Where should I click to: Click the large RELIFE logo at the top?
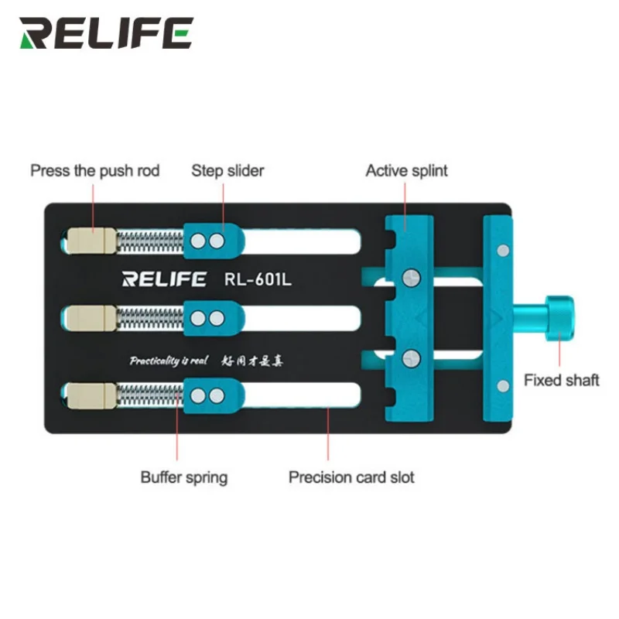pos(106,33)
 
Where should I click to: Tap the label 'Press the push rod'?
pos(94,170)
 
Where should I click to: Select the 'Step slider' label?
pos(227,170)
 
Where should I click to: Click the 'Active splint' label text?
pos(406,170)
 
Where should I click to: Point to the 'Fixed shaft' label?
pos(561,380)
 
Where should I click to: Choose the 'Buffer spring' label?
pos(184,477)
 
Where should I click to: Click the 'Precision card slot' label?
pos(351,477)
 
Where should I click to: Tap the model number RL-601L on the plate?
pos(258,279)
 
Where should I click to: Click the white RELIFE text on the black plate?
pos(164,279)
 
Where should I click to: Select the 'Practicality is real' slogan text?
pos(165,360)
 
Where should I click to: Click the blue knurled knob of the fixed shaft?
pos(556,318)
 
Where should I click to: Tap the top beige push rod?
pos(91,241)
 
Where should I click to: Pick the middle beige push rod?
pos(91,317)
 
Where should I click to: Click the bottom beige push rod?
pos(91,395)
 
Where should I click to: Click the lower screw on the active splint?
pos(410,357)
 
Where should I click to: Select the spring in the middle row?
pos(150,317)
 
